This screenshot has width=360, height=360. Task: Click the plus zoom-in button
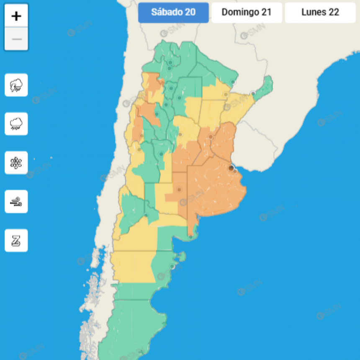tap(16, 16)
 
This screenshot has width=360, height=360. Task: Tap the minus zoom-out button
tap(16, 39)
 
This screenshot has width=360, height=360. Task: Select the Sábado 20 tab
tap(173, 13)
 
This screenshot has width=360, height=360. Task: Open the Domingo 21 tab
tap(247, 13)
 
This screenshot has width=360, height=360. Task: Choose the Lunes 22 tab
tap(320, 13)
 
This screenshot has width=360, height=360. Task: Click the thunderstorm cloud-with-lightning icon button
tap(16, 85)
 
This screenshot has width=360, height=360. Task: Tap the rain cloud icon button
tap(16, 124)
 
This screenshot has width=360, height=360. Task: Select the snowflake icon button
tap(16, 163)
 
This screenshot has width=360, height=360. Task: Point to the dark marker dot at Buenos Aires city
tap(231, 168)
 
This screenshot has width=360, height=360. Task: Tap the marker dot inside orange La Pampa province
tap(179, 190)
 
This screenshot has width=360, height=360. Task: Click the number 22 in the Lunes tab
tap(334, 13)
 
